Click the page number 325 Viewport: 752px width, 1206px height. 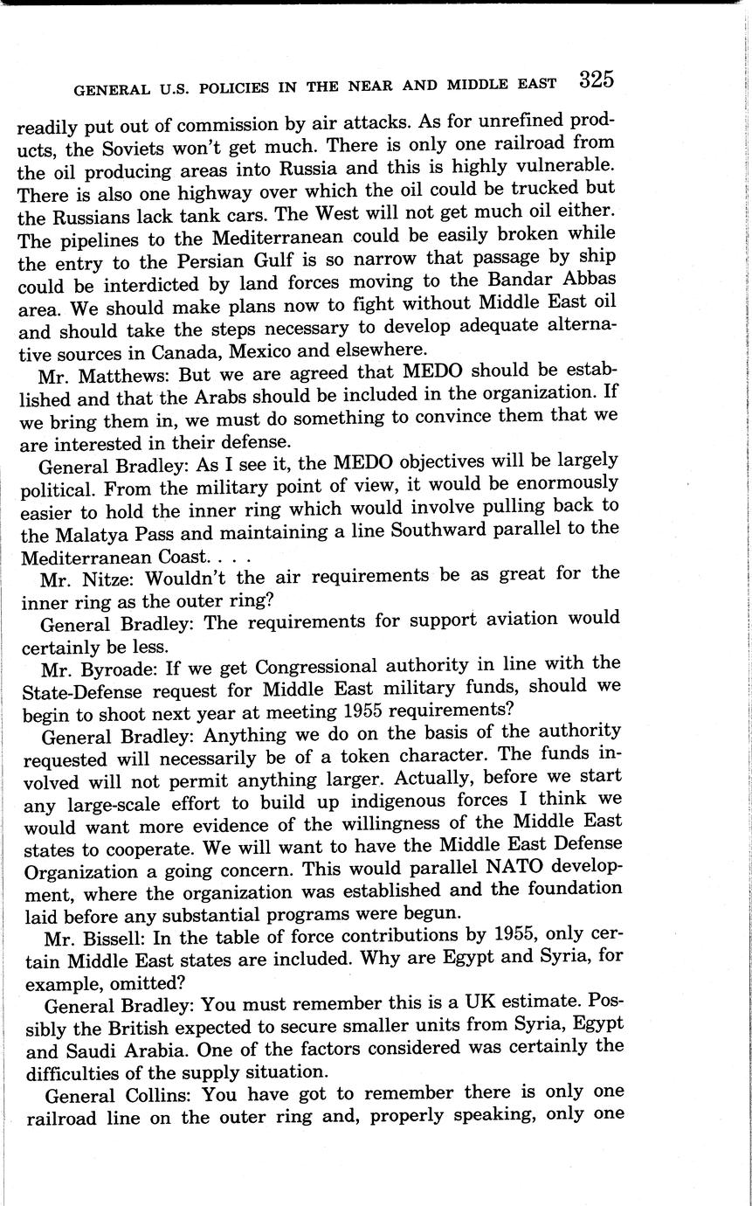596,80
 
